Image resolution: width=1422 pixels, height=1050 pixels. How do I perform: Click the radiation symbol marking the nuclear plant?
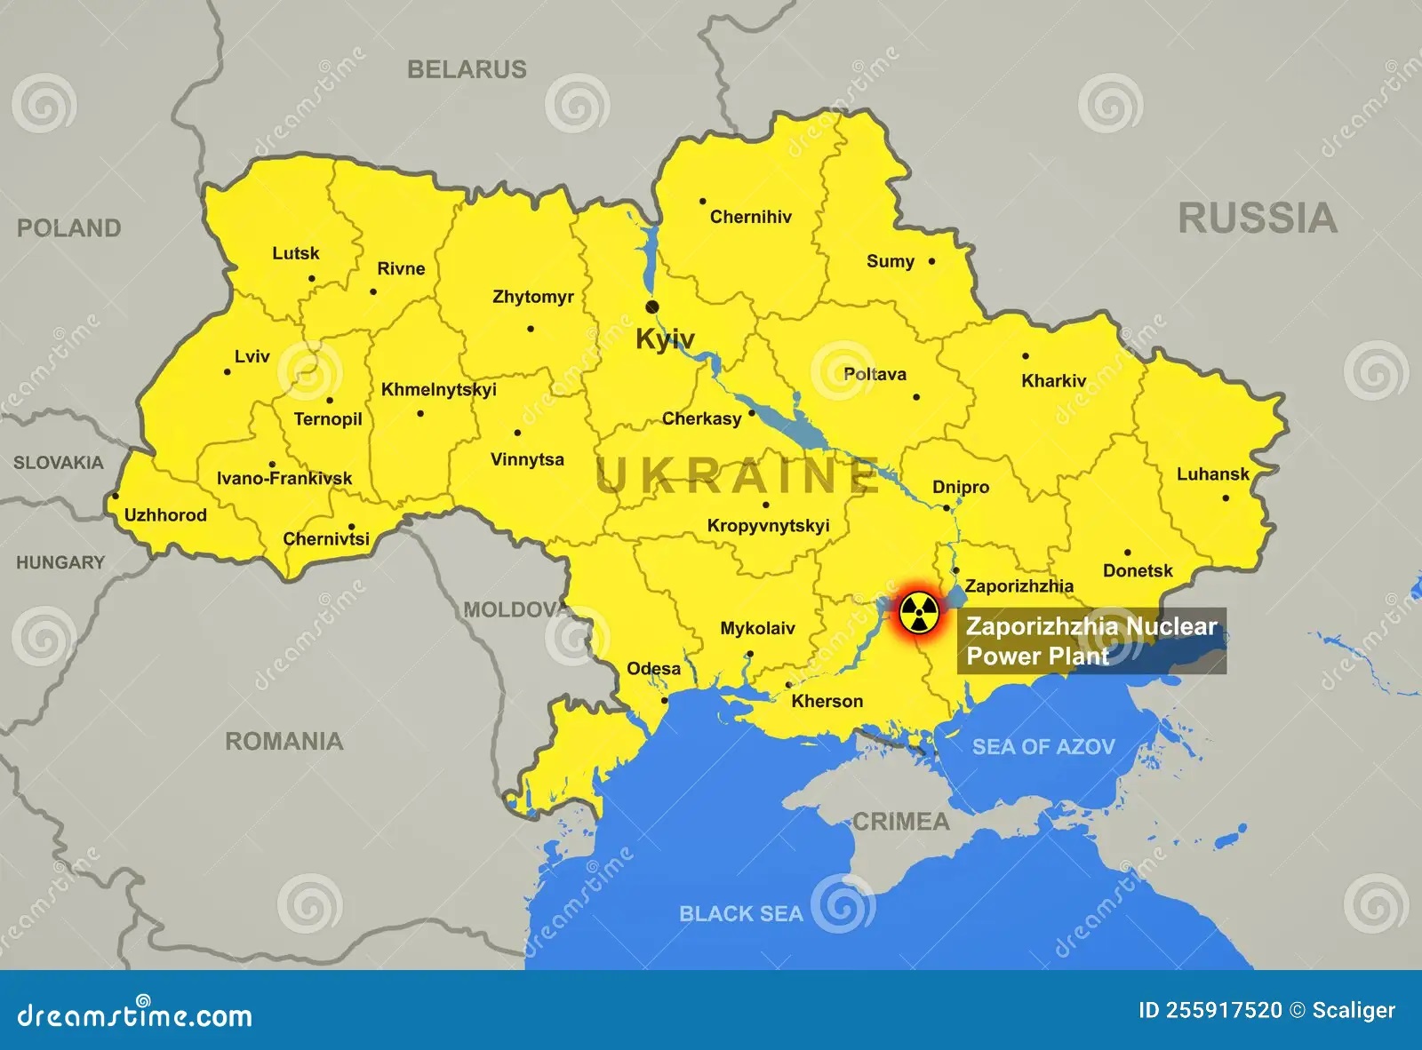(x=917, y=611)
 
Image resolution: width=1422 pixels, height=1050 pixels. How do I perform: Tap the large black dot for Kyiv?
(x=652, y=306)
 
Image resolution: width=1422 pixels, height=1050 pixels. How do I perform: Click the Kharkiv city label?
(x=1053, y=381)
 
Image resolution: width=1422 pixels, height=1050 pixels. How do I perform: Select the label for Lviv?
(x=252, y=356)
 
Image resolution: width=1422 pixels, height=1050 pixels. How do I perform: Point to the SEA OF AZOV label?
(x=1043, y=747)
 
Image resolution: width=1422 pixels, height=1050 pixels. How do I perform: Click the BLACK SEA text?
(x=740, y=913)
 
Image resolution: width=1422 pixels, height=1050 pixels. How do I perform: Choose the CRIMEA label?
(x=900, y=822)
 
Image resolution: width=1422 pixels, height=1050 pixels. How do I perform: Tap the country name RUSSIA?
(x=1257, y=219)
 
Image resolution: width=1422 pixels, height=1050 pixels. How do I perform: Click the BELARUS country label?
(x=467, y=69)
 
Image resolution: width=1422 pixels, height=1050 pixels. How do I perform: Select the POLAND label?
(x=68, y=228)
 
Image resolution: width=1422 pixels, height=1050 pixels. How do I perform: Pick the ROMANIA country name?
(x=284, y=741)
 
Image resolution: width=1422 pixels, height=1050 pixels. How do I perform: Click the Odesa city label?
(x=653, y=669)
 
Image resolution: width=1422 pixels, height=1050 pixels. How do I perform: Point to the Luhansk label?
(x=1212, y=474)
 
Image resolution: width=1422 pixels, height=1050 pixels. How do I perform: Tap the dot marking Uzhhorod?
(x=115, y=497)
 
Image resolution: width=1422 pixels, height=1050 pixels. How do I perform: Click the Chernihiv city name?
(x=750, y=217)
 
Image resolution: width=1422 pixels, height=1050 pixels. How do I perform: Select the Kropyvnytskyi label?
(x=768, y=526)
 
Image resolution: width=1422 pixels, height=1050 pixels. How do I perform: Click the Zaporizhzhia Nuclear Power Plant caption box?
(x=1091, y=640)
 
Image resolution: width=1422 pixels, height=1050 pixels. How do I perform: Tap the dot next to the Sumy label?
(x=931, y=261)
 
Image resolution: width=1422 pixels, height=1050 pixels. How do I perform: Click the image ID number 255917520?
(x=1223, y=1010)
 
